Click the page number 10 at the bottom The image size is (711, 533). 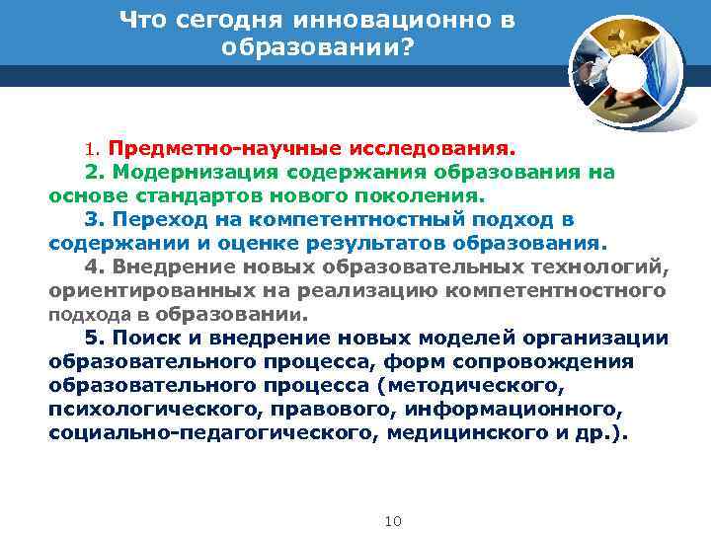(x=392, y=520)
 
